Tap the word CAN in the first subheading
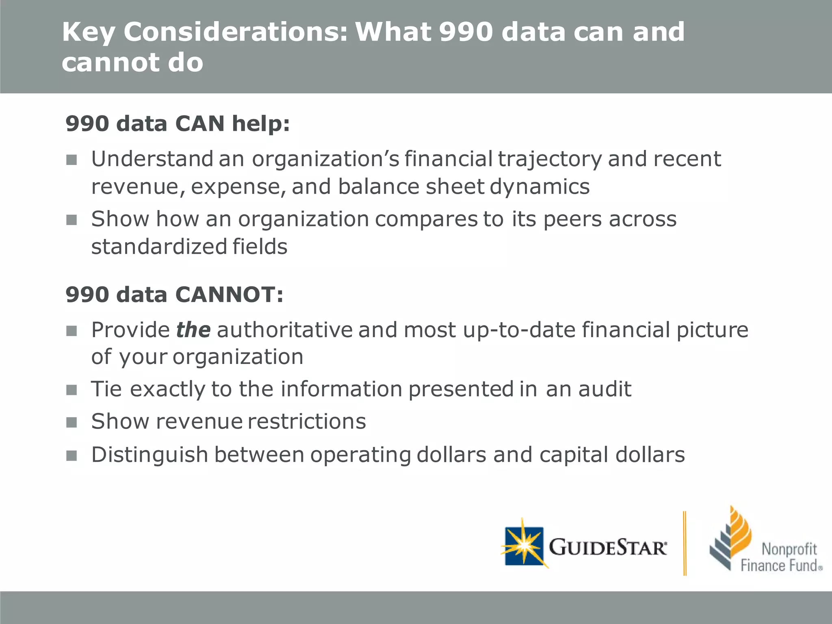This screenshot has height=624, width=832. tap(200, 123)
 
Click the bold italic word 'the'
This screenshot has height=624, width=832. tap(193, 329)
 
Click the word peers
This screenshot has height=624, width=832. tap(573, 219)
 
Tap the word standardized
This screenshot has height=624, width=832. tap(159, 247)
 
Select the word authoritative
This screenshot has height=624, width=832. tap(285, 329)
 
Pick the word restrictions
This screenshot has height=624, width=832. tap(307, 421)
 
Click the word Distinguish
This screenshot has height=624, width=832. tap(149, 455)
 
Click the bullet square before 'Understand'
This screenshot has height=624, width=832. tap(72, 160)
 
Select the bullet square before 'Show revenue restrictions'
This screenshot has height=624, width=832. tap(72, 422)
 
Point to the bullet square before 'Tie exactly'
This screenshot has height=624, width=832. tap(72, 390)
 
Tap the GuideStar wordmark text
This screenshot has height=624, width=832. tap(608, 548)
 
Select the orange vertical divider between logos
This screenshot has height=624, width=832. tap(685, 543)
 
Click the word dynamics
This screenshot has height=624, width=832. tap(539, 187)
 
